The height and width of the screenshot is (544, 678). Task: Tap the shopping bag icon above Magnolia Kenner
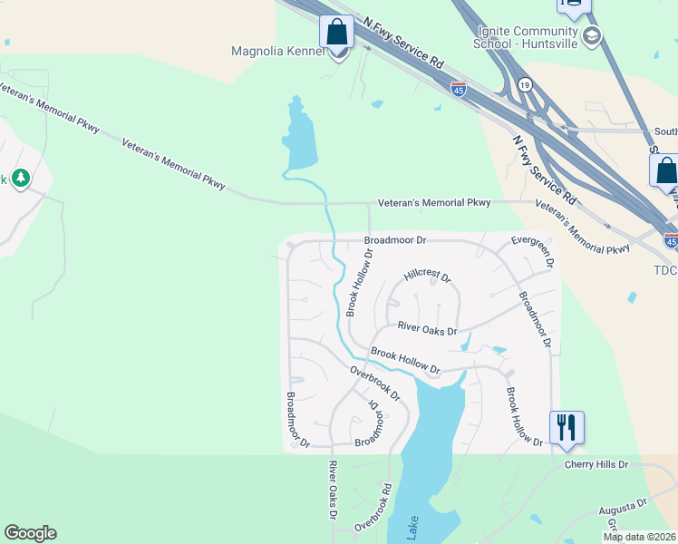point(336,32)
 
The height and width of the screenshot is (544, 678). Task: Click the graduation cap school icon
point(592,36)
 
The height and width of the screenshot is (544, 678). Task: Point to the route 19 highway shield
point(525,84)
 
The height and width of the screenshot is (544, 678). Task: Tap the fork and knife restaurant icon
point(567,425)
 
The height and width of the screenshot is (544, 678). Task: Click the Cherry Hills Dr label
point(596,464)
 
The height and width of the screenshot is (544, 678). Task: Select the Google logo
point(30,533)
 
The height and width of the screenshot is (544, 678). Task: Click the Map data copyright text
point(639,537)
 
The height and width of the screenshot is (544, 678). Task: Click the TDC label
point(664,270)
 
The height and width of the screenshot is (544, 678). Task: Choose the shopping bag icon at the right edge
point(664,170)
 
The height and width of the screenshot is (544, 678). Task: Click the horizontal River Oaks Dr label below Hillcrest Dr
point(427,331)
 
